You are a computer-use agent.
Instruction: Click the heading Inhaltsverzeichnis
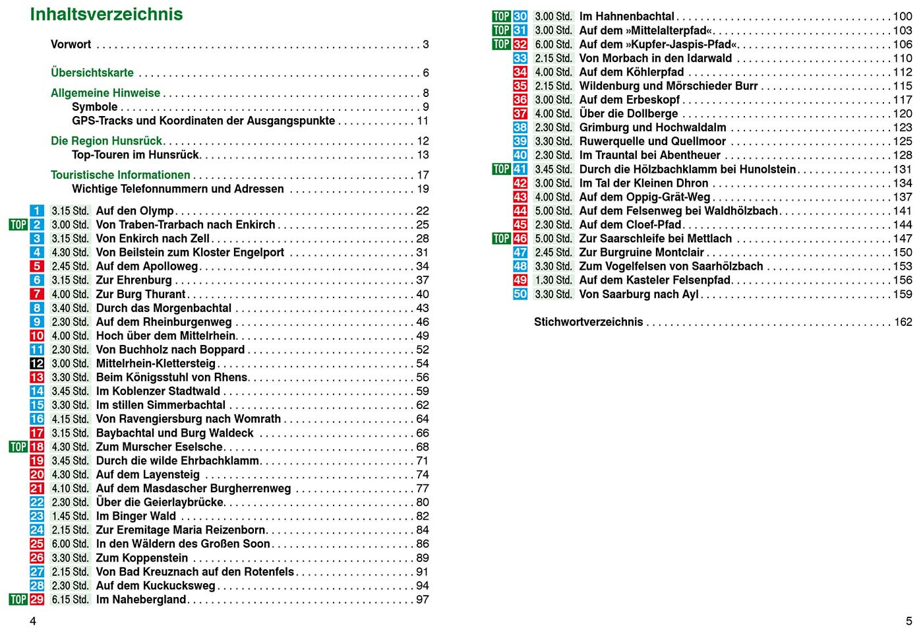[106, 14]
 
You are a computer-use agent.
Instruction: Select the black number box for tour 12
[37, 363]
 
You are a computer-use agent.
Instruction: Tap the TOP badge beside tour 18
[18, 447]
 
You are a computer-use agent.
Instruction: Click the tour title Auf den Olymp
[135, 210]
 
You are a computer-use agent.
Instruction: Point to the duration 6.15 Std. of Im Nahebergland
[70, 600]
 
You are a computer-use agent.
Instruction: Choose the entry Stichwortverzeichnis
[588, 322]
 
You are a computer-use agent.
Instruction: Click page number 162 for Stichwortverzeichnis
[903, 322]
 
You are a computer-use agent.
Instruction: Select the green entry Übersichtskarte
[92, 73]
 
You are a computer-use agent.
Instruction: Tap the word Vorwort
[71, 44]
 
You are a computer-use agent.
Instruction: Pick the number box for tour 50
[520, 294]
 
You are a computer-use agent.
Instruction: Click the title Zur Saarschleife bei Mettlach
[655, 238]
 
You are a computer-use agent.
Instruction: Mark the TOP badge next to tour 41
[502, 169]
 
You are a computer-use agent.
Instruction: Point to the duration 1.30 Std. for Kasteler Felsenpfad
[553, 280]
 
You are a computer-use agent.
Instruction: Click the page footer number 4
[33, 621]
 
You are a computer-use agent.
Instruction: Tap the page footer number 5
[908, 621]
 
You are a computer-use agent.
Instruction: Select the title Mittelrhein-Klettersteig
[156, 363]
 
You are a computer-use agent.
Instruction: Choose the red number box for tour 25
[37, 544]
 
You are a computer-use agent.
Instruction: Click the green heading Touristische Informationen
[121, 175]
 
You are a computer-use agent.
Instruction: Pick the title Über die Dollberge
[628, 113]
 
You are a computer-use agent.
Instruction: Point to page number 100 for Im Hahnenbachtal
[903, 16]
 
